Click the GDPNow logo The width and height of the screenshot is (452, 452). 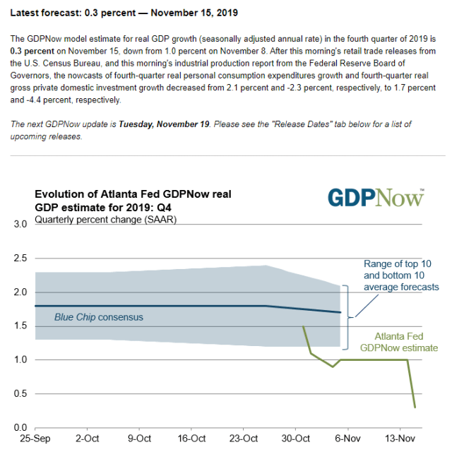click(375, 197)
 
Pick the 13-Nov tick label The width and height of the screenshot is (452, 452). click(399, 439)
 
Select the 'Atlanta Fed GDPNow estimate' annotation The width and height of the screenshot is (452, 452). click(398, 342)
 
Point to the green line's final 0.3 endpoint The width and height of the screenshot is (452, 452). click(415, 407)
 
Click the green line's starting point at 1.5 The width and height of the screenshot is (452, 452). click(303, 326)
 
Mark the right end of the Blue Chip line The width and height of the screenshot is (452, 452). click(340, 312)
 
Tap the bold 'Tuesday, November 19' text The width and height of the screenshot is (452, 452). click(164, 124)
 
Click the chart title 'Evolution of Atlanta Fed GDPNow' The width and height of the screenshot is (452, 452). click(133, 194)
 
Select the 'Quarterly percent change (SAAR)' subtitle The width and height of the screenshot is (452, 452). click(106, 219)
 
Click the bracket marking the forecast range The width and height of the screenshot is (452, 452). click(345, 316)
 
